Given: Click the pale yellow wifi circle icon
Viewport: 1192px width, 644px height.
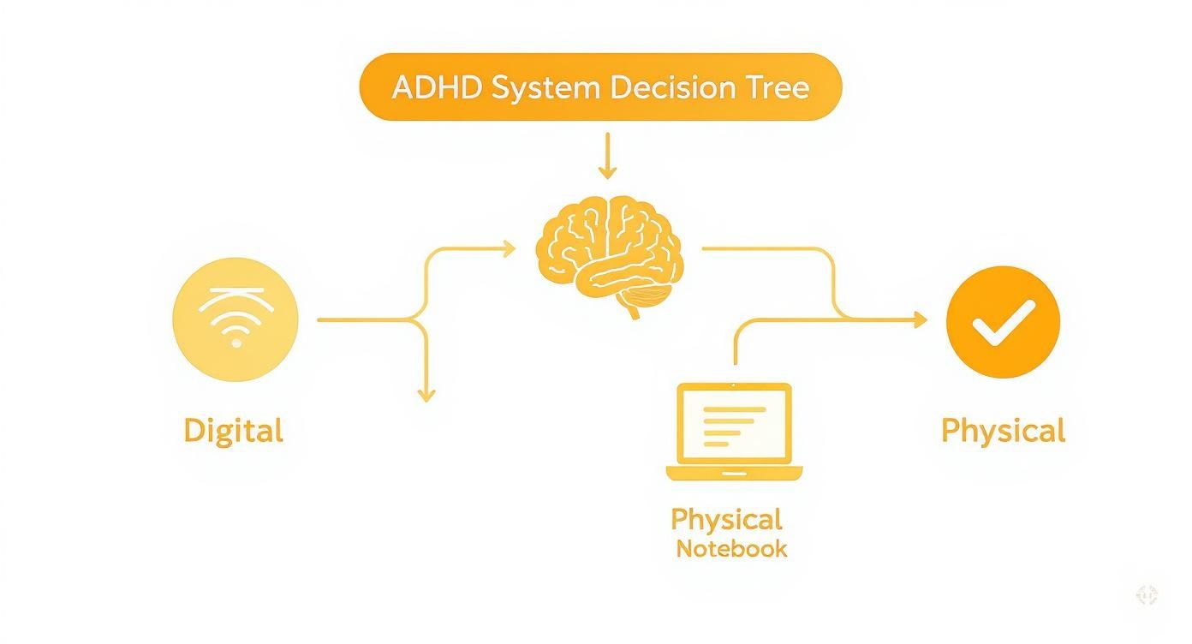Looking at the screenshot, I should pos(235,319).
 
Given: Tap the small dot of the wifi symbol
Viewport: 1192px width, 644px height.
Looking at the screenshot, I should pos(236,343).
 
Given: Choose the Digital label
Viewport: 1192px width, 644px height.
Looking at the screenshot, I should pos(233,430).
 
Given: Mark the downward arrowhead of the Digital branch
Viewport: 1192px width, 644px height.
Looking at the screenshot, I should pos(426,395).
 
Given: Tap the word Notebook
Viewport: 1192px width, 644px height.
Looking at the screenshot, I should pos(731,549).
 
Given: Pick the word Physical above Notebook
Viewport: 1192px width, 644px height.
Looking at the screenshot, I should pos(726,519).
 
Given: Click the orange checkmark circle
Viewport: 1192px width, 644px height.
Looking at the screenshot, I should pos(1003,321).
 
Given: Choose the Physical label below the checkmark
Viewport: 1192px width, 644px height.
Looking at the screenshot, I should pos(1003,430).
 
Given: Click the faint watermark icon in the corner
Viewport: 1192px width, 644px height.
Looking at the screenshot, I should pos(1147,595).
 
